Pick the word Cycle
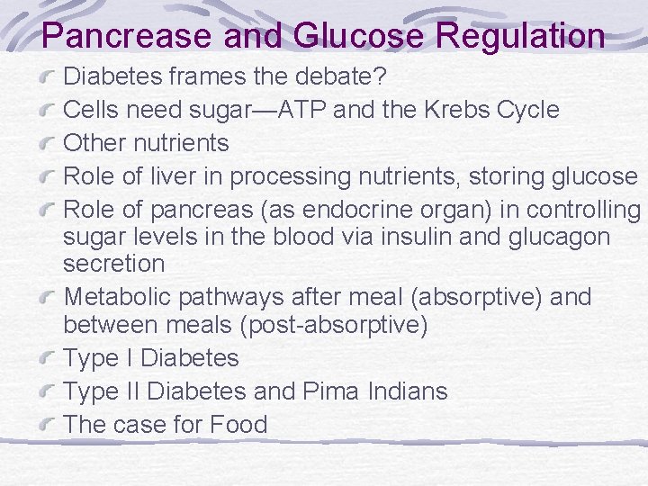point(530,110)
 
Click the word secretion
point(114,264)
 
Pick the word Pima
point(331,391)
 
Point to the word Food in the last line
point(238,424)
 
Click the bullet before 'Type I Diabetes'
point(50,360)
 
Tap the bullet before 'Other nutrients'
point(50,144)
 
